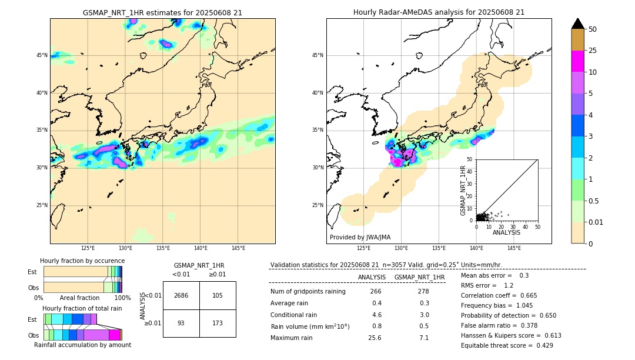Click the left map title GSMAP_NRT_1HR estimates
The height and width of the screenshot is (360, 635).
162,12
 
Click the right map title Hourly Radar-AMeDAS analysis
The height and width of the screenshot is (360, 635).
439,12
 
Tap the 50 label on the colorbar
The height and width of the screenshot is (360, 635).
593,29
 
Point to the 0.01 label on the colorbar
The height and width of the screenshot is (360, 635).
596,222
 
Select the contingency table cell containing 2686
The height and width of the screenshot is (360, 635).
181,295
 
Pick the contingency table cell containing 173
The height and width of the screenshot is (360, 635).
218,324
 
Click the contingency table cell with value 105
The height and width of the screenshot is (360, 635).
218,295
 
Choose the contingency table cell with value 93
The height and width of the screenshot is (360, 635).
181,324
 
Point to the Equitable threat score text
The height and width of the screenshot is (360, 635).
507,345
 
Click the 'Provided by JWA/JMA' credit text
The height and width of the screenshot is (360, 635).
360,238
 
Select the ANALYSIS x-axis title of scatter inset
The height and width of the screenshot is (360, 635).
506,233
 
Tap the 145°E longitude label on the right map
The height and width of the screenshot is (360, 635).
514,248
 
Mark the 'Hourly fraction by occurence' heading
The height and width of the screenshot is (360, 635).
82,261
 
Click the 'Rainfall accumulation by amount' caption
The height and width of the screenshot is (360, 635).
82,345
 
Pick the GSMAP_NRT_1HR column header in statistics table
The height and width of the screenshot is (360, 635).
419,277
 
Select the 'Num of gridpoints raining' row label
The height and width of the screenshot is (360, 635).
308,292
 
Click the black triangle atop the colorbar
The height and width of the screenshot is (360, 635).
578,24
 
